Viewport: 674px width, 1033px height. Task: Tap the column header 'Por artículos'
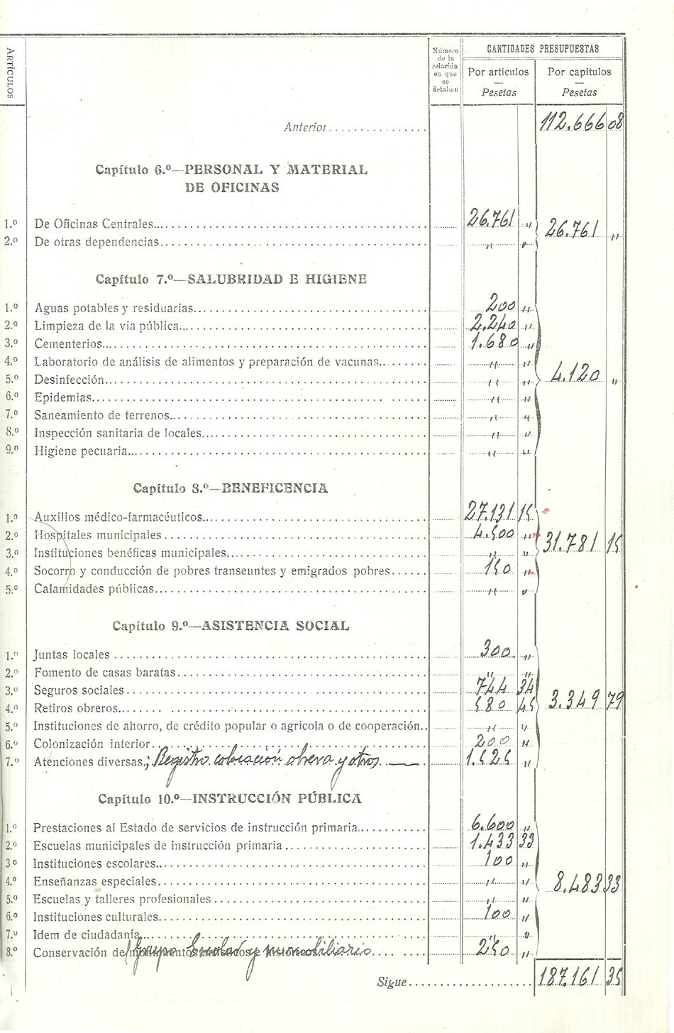coord(498,72)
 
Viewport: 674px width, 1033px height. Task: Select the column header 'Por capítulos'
coord(579,72)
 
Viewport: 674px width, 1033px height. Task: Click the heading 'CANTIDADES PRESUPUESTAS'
coord(543,49)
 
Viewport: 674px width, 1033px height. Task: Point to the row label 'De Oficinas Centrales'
coord(94,224)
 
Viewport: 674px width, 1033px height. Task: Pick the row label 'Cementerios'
coord(68,344)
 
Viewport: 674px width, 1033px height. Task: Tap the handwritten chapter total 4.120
coord(577,373)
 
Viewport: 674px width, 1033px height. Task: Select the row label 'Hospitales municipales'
coord(98,536)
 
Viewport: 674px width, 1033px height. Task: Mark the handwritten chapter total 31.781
coord(573,543)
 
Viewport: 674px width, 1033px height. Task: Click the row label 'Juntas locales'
coord(72,655)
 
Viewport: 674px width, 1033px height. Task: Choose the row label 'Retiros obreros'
coord(77,708)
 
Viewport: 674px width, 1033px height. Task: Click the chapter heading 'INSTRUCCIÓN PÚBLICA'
coord(277,798)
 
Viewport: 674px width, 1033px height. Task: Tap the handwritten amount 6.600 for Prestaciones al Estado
coord(492,826)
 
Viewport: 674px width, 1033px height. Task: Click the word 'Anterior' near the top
coord(304,128)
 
